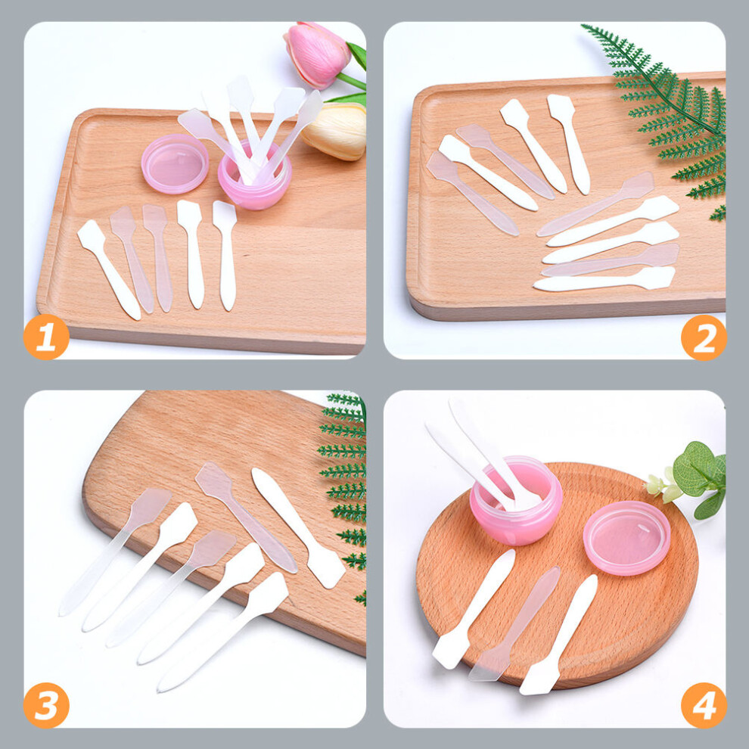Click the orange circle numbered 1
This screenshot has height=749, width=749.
[46, 337]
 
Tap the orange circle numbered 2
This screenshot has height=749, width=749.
[704, 337]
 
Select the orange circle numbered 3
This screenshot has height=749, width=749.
[46, 705]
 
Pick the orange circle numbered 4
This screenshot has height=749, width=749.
[704, 705]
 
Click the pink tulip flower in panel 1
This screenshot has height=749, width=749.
[317, 55]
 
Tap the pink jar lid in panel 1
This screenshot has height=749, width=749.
[175, 163]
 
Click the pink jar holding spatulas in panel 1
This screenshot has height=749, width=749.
[255, 179]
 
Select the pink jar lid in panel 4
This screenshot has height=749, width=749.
[626, 537]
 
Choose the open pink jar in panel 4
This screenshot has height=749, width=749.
[516, 502]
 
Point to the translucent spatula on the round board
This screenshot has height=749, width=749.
[514, 623]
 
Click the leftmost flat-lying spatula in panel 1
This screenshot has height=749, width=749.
[109, 269]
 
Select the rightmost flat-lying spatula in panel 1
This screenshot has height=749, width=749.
[225, 256]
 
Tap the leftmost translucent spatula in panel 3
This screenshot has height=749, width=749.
[115, 551]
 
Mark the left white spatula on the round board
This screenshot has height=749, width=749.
[474, 609]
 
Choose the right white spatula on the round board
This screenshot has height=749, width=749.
[558, 635]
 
